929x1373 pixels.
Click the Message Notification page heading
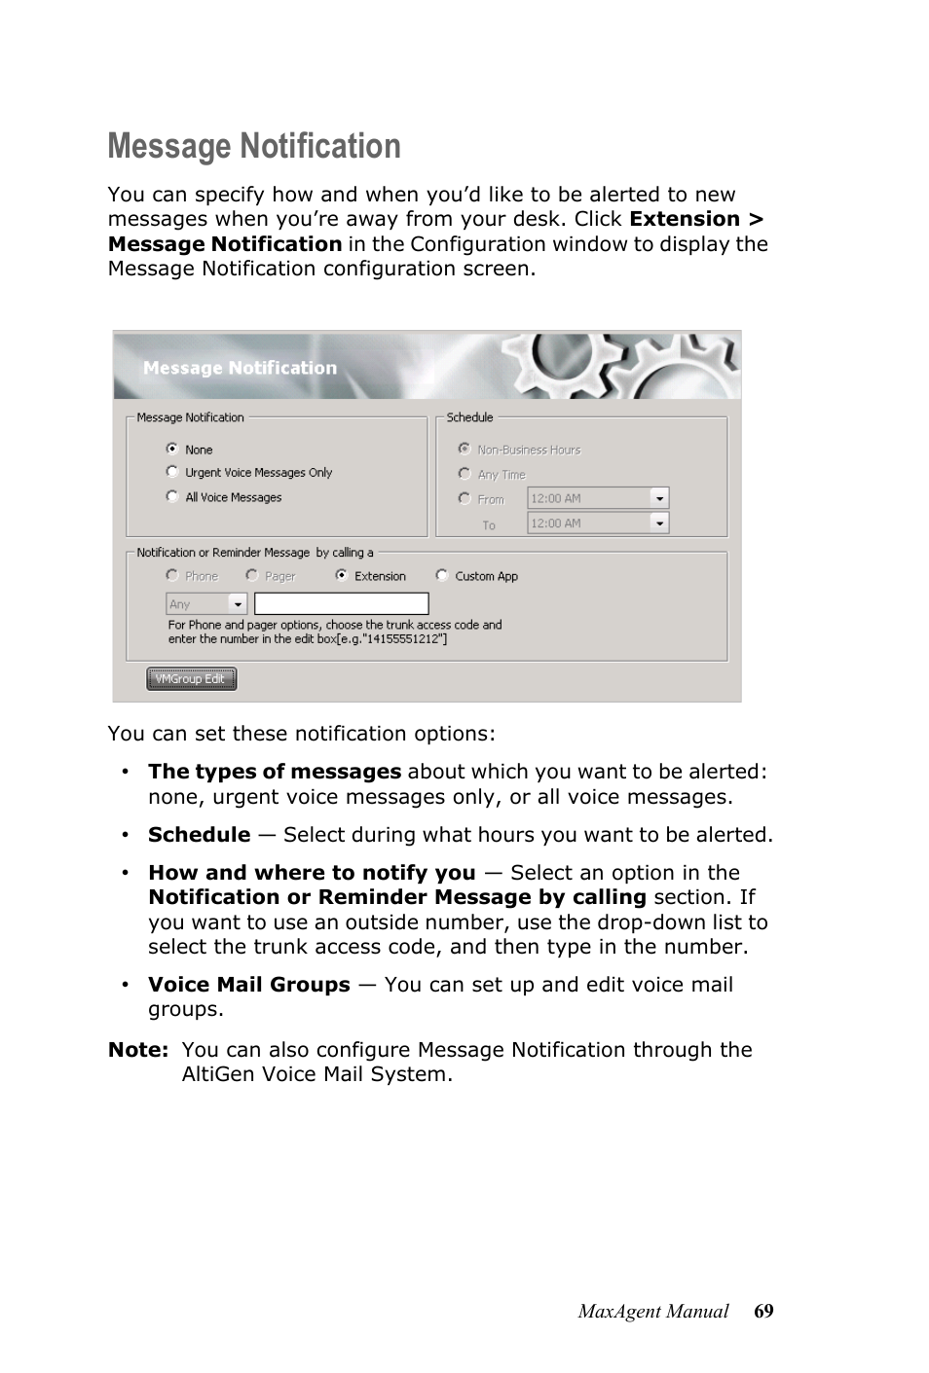point(254,146)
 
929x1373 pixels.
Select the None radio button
point(172,449)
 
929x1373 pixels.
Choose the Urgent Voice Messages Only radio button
point(172,472)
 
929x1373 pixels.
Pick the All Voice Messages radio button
point(172,496)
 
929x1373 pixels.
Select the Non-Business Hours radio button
point(464,449)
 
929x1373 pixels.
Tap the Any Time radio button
point(464,474)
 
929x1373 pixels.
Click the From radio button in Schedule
point(464,498)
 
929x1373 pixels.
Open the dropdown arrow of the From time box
point(660,498)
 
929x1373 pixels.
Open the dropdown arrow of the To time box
point(660,524)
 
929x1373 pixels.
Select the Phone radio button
point(172,575)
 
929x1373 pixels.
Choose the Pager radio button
point(252,575)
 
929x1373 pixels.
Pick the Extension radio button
point(342,575)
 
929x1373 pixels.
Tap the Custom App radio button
point(442,575)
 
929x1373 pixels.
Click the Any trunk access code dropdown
point(206,604)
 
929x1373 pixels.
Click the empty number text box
point(341,604)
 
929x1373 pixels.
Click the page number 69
point(763,1312)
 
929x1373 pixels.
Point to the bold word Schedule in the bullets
point(199,835)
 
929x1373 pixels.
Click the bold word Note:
point(138,1050)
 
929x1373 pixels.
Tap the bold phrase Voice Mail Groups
point(248,985)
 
